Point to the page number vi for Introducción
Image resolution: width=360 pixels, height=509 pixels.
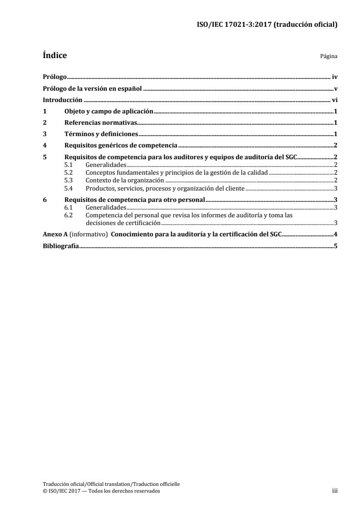pyautogui.click(x=334, y=100)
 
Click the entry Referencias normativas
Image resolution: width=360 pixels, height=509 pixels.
pyautogui.click(x=101, y=122)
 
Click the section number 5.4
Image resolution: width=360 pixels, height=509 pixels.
pyautogui.click(x=69, y=188)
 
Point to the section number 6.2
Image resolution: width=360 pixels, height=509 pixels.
pyautogui.click(x=69, y=215)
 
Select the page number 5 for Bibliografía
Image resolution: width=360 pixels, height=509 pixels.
pyautogui.click(x=335, y=245)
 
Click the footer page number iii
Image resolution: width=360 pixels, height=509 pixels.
pyautogui.click(x=335, y=491)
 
